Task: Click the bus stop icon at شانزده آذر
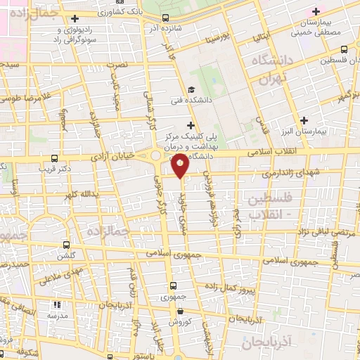click(x=165, y=17)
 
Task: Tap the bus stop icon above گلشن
click(x=66, y=245)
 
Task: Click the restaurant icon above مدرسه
click(x=57, y=305)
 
